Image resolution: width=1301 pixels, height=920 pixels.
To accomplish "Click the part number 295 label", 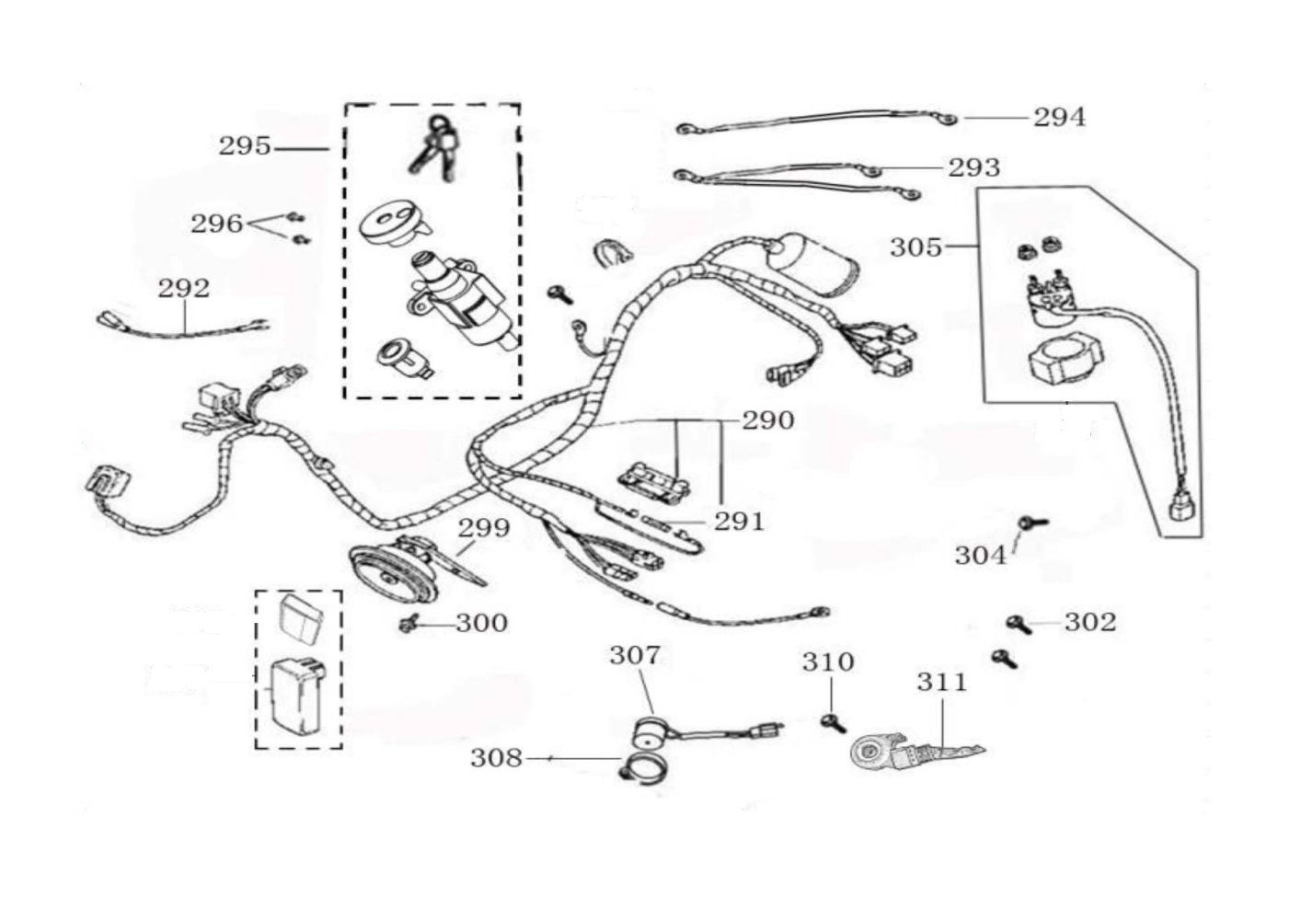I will pos(244,146).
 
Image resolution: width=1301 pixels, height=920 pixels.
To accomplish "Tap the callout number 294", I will pos(1059,117).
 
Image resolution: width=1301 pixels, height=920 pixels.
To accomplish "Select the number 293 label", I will pos(973,167).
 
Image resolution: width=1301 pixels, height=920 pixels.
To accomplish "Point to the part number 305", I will pos(915,247).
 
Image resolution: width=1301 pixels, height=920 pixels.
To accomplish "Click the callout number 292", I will pos(184,288).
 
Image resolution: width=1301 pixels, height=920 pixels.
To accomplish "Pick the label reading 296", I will pos(216,224).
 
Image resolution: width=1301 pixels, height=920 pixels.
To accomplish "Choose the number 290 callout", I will pos(768,420).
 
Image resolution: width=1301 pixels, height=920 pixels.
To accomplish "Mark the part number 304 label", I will pos(980,555).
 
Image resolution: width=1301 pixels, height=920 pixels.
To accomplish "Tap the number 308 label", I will pos(496,758).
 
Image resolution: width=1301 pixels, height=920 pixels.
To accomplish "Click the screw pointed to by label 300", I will pos(409,625).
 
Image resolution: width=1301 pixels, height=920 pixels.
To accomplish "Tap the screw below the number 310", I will pos(833,721).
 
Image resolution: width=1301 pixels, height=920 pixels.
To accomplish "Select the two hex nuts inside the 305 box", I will pos(1037,247).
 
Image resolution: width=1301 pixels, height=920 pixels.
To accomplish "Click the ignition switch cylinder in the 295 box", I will pos(455,299).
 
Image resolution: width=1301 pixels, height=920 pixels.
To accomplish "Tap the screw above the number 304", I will pos(1030,523).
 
